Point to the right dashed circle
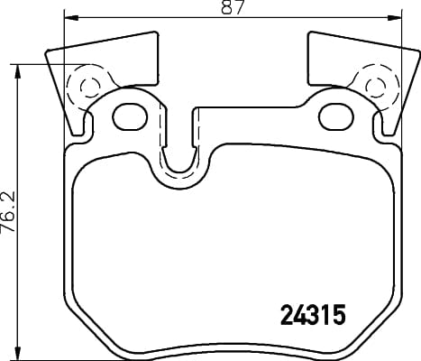pos(377,87)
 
